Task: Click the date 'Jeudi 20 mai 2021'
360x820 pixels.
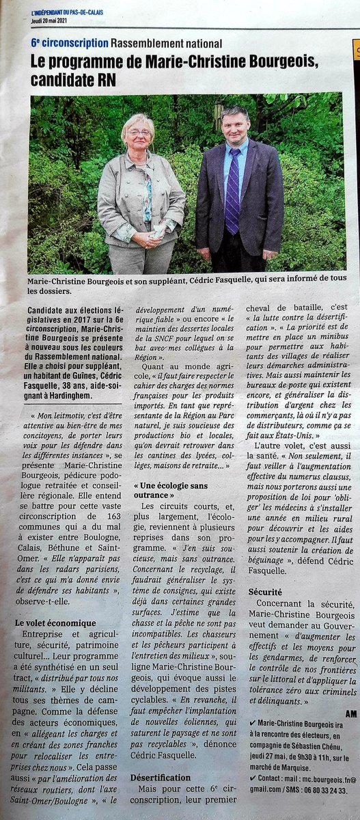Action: pos(52,20)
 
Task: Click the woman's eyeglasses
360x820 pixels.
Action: pos(139,132)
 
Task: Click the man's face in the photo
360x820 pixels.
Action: pos(234,127)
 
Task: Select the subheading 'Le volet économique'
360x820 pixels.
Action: pos(55,623)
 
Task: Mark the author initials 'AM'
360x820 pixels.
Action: pos(351,713)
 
